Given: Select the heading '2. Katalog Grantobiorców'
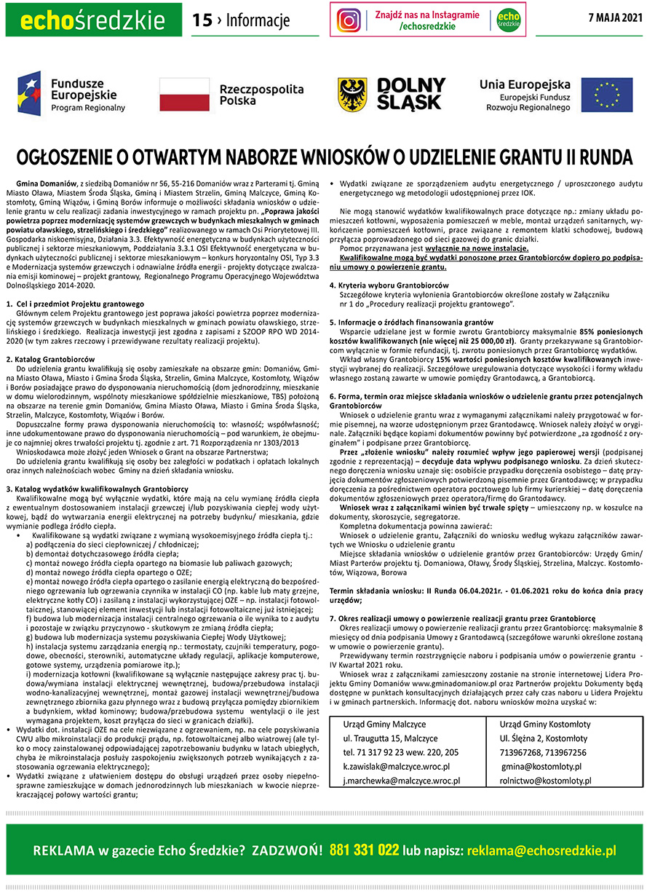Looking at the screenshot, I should click(50, 360).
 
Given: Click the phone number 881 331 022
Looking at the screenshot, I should click(364, 850).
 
